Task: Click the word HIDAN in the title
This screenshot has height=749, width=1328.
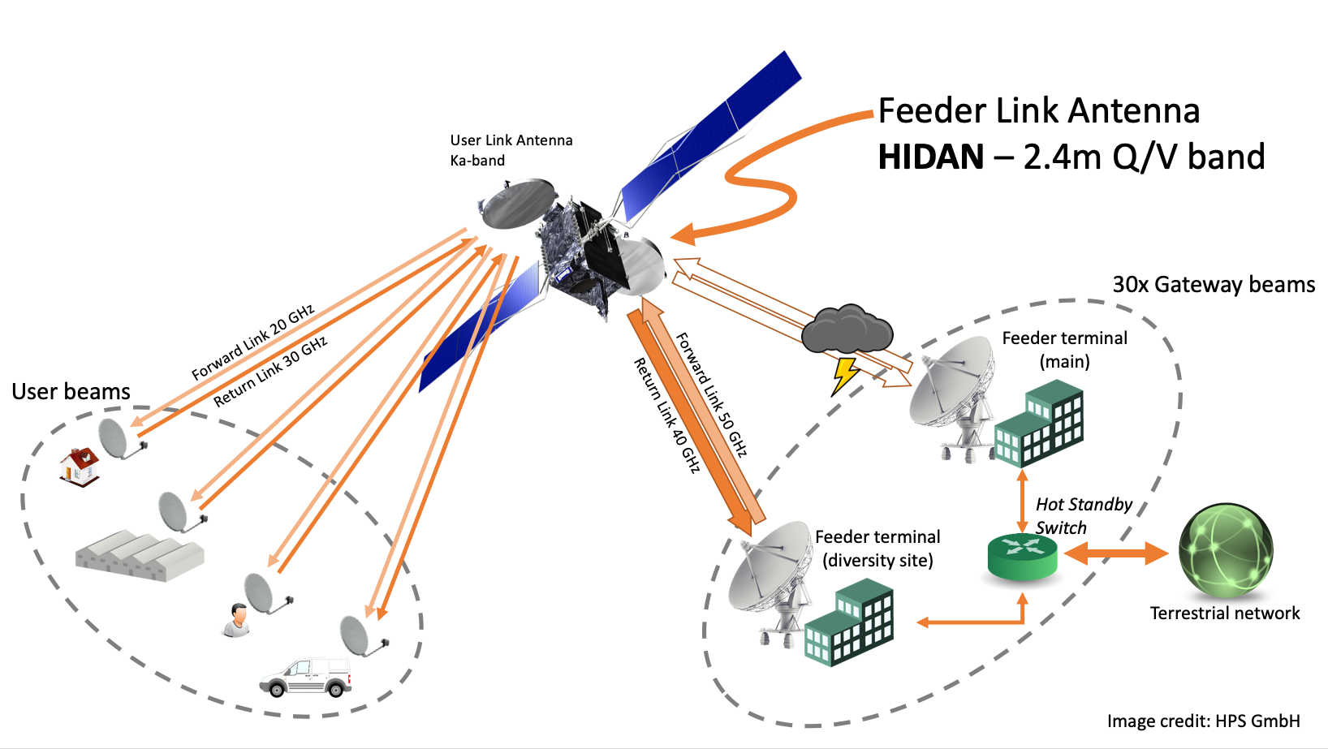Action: tap(930, 157)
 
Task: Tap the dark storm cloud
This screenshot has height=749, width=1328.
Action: tap(847, 328)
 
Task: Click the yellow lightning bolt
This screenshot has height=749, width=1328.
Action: tap(845, 376)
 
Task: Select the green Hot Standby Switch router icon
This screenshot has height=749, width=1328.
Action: tap(1022, 557)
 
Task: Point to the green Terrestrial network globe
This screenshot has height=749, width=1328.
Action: tap(1225, 551)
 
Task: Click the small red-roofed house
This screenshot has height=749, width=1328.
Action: tap(80, 467)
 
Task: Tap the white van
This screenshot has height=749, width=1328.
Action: tap(306, 677)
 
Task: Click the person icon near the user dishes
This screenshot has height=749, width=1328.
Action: tap(236, 620)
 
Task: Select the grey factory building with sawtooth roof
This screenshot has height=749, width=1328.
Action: tap(139, 555)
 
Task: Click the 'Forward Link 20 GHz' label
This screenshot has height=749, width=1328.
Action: tap(252, 343)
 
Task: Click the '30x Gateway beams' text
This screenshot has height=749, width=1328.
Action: tap(1213, 285)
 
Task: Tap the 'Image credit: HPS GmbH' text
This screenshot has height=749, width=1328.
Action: tap(1203, 721)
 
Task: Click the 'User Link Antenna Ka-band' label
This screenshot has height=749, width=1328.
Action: tap(511, 150)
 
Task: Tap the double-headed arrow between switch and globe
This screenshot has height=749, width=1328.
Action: tap(1116, 554)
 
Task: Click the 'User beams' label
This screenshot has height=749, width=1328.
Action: tap(71, 392)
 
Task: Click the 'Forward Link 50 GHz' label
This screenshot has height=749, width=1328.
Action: tap(711, 394)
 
